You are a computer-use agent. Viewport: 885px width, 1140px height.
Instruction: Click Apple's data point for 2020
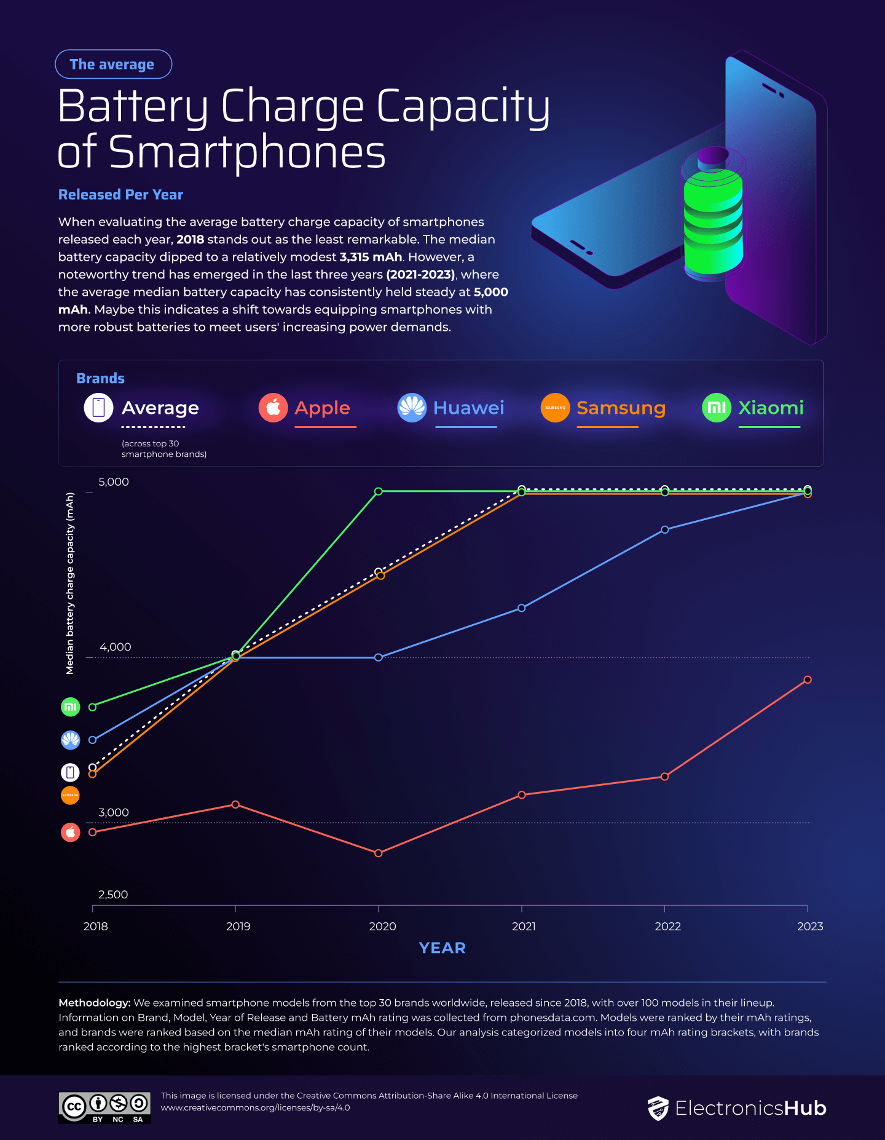coord(379,853)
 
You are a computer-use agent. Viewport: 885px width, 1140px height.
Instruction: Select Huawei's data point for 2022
coord(664,529)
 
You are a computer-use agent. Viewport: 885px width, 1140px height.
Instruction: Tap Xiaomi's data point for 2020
coord(379,491)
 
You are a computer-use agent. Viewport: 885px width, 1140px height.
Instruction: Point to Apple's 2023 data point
coord(808,679)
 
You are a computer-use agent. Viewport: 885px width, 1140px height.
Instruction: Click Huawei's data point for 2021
coord(522,608)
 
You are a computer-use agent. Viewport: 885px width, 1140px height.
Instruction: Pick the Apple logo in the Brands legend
coord(273,408)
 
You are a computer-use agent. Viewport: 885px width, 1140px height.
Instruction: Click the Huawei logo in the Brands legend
coord(412,408)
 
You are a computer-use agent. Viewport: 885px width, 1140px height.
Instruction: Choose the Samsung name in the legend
coord(621,408)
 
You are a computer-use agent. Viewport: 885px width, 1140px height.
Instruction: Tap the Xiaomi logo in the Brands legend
coord(717,408)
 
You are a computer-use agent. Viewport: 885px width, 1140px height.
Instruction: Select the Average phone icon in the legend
coord(98,408)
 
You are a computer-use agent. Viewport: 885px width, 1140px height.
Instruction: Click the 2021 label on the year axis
coord(524,926)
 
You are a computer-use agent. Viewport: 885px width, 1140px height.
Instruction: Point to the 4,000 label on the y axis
coord(116,647)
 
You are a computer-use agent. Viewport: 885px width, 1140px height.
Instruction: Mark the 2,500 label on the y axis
coord(113,895)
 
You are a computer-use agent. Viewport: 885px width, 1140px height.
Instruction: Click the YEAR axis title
coord(442,948)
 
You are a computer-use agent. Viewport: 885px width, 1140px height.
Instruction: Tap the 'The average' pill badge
coord(113,65)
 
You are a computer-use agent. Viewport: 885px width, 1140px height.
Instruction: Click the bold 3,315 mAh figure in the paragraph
coord(371,257)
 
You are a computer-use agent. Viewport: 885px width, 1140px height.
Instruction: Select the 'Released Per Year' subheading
coord(120,195)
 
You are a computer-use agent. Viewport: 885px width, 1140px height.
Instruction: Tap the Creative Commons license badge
coord(104,1107)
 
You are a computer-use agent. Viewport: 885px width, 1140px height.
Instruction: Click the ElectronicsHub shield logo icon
coord(658,1109)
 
